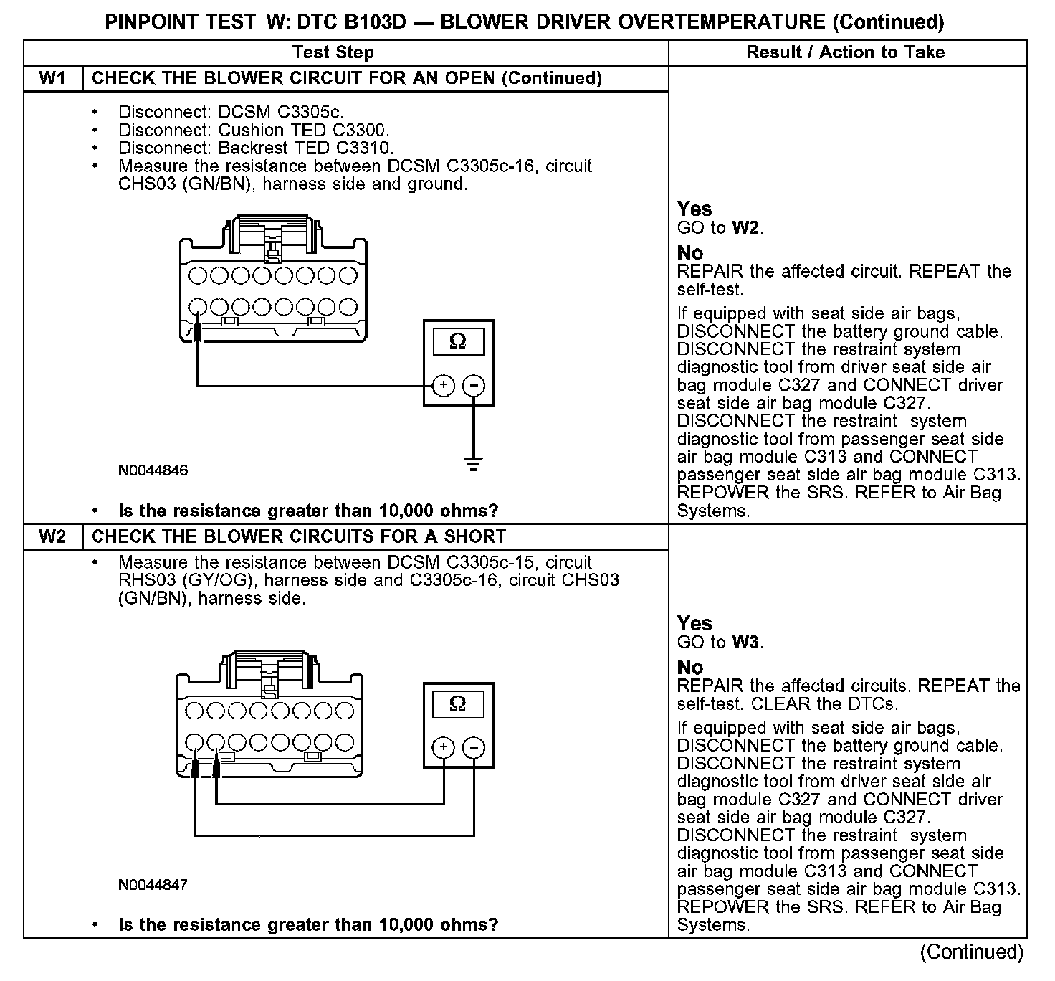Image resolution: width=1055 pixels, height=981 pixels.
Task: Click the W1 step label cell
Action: pyautogui.click(x=53, y=78)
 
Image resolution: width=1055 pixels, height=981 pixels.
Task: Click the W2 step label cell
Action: pyautogui.click(x=53, y=536)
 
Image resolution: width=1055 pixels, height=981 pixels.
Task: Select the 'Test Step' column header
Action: pyautogui.click(x=333, y=52)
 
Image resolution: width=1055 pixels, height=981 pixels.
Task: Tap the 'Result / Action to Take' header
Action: pyautogui.click(x=846, y=52)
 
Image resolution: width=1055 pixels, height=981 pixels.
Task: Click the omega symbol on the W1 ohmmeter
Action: pyautogui.click(x=457, y=342)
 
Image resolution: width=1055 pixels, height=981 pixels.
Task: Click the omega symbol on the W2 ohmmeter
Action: pyautogui.click(x=457, y=704)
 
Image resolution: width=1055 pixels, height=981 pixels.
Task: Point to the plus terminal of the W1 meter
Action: pyautogui.click(x=444, y=386)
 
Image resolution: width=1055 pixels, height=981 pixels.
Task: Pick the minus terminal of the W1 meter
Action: pyautogui.click(x=473, y=386)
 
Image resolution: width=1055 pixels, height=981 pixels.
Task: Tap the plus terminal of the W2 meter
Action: pyautogui.click(x=444, y=748)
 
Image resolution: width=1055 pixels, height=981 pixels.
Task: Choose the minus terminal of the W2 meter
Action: pyautogui.click(x=473, y=748)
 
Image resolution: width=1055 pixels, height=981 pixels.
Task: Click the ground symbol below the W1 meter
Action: pyautogui.click(x=473, y=463)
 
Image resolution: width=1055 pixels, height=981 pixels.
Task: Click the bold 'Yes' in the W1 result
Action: pyautogui.click(x=694, y=209)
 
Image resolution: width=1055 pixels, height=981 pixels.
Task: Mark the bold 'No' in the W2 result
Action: pyautogui.click(x=690, y=667)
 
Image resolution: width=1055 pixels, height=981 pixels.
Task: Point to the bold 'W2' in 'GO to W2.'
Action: pyautogui.click(x=745, y=228)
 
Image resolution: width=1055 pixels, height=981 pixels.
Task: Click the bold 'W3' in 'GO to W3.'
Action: pyautogui.click(x=745, y=643)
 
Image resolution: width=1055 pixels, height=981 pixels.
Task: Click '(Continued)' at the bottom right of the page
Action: pyautogui.click(x=972, y=952)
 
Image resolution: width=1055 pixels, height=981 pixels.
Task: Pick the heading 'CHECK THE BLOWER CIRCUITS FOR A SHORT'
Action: pyautogui.click(x=299, y=536)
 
